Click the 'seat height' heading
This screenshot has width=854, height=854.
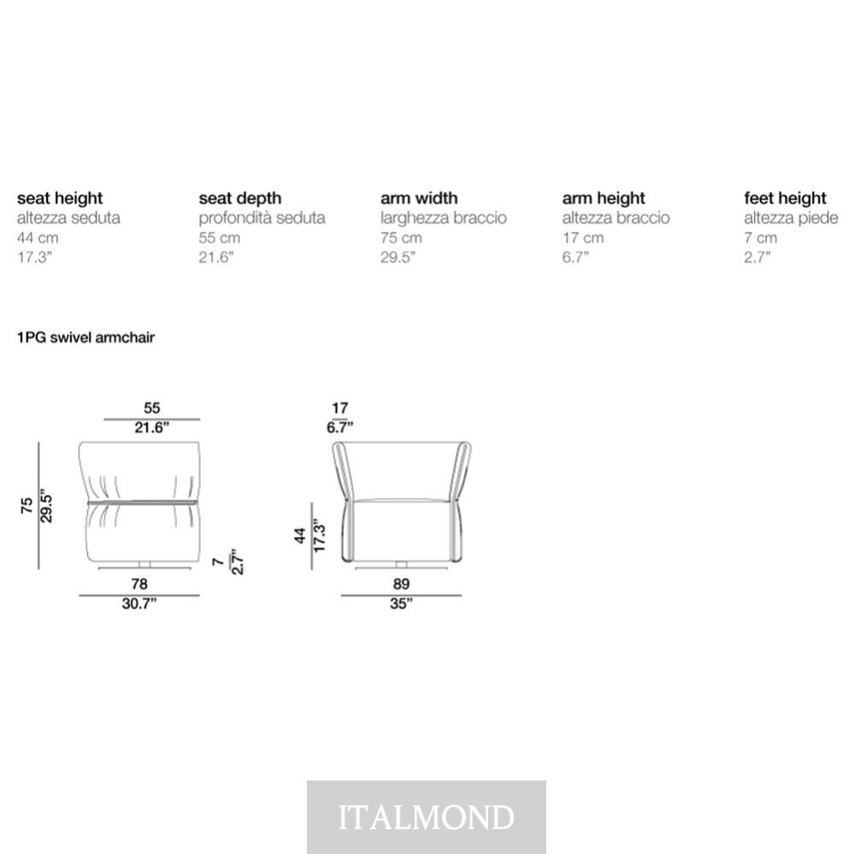pos(60,199)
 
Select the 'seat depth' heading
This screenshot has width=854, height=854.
pos(240,199)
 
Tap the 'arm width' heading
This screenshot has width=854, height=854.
pos(419,198)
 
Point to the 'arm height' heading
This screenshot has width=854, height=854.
pos(604,199)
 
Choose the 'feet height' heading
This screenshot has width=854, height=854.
pos(785,199)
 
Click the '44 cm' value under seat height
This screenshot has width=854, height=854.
pos(38,238)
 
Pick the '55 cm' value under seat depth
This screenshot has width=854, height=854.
pos(220,238)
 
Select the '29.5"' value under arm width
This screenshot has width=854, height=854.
pos(398,257)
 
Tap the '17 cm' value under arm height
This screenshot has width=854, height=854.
pos(583,238)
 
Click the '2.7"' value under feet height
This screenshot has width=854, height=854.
pos(757,257)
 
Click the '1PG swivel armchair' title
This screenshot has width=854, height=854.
pos(86,338)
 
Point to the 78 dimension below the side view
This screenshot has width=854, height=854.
pos(139,585)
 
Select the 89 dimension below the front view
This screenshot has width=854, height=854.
pos(402,585)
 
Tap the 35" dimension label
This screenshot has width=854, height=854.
pos(402,604)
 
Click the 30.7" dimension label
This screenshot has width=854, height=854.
pos(139,604)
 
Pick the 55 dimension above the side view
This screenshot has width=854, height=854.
pos(152,408)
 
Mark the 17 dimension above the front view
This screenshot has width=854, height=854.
pos(340,408)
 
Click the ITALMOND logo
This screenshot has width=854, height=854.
pos(427,817)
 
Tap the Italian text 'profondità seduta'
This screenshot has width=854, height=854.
pos(262,218)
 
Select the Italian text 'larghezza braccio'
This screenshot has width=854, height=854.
pos(444,218)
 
